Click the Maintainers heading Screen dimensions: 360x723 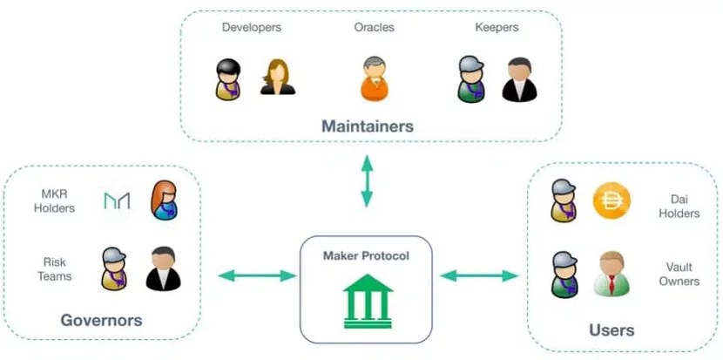coord(367,126)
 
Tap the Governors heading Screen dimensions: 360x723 coord(101,320)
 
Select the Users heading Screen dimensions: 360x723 coord(612,329)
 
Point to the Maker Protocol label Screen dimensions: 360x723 coord(366,255)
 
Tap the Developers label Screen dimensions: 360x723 coord(252,27)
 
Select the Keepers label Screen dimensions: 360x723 coord(497,27)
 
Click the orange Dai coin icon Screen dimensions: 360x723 coord(611,201)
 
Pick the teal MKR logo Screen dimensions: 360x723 coord(117,201)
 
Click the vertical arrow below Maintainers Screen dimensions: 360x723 coord(367,181)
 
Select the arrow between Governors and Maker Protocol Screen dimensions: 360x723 coord(257,276)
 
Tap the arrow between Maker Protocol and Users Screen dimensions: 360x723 coord(481,276)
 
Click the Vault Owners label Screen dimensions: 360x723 coord(679,274)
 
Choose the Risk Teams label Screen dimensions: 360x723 coord(57,268)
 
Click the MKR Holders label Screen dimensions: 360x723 coord(57,200)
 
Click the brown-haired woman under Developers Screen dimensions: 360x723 coord(278,77)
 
